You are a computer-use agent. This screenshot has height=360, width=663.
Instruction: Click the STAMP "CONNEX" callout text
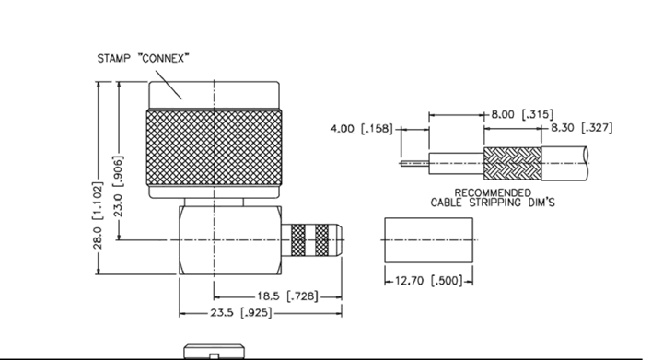click(143, 58)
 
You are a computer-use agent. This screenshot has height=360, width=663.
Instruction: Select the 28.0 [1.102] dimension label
click(98, 215)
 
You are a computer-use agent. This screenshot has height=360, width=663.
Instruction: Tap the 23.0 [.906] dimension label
click(119, 186)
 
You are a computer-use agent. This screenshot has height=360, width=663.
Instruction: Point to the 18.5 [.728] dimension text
click(287, 296)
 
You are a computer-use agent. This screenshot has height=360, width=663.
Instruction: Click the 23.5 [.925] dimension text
click(241, 313)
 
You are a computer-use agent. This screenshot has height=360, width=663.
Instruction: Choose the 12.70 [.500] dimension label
click(429, 281)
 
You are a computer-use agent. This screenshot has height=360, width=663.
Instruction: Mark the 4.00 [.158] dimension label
click(362, 129)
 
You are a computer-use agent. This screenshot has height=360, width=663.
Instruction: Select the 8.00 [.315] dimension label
click(522, 114)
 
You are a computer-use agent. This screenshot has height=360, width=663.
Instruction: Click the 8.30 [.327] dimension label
click(581, 128)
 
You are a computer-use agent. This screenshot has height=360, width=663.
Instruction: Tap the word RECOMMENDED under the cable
click(493, 193)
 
